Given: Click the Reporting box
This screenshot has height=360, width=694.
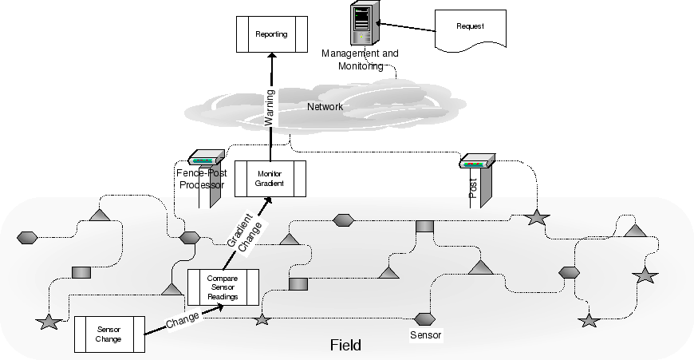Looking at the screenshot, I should pyautogui.click(x=271, y=34).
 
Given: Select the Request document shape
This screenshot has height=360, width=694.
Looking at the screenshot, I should pyautogui.click(x=471, y=29).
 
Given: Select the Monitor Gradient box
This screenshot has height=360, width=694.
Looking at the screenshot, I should pyautogui.click(x=270, y=179).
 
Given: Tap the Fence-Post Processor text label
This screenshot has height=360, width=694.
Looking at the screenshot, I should pyautogui.click(x=199, y=178).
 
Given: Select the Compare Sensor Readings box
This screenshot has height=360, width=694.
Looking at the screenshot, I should pyautogui.click(x=223, y=287).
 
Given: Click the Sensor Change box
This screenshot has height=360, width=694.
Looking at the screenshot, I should pyautogui.click(x=108, y=334).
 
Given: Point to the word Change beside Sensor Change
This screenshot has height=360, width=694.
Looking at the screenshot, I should pyautogui.click(x=183, y=320).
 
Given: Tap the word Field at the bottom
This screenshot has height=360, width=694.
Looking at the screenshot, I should pyautogui.click(x=345, y=346).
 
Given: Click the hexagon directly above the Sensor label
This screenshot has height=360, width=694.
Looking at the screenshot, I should pyautogui.click(x=424, y=318).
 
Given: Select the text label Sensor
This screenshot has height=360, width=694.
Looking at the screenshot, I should pyautogui.click(x=425, y=334).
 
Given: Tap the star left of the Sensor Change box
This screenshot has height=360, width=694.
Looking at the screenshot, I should pyautogui.click(x=49, y=322).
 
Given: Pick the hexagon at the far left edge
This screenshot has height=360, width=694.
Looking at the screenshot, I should pyautogui.click(x=26, y=237).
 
